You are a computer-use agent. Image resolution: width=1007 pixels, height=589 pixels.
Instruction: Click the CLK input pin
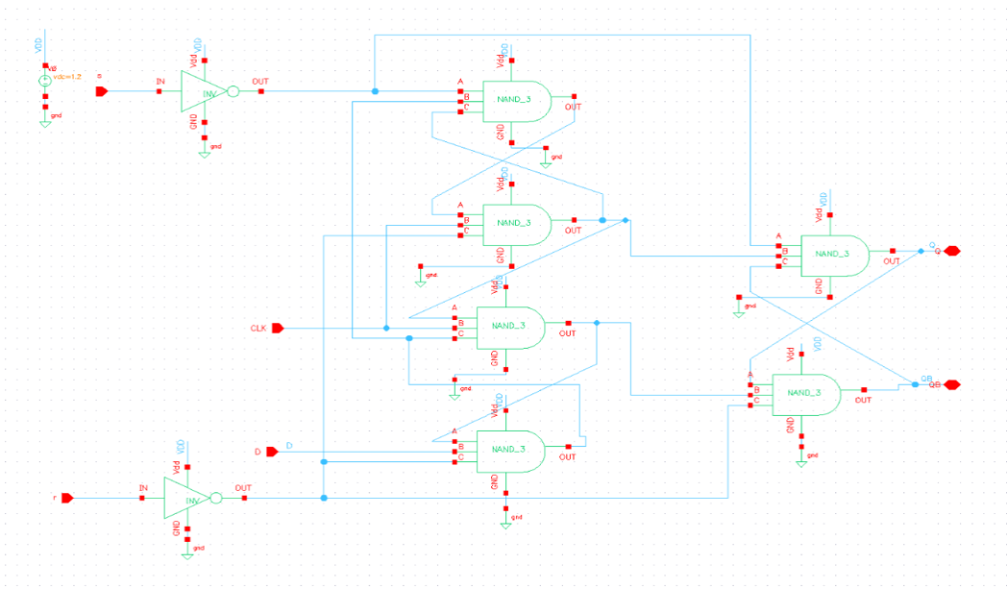pyautogui.click(x=278, y=329)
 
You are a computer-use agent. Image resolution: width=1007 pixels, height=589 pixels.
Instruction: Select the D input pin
pyautogui.click(x=272, y=450)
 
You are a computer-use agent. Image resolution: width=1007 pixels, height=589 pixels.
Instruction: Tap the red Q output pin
pyautogui.click(x=951, y=251)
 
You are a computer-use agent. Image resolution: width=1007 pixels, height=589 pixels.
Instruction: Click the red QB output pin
pyautogui.click(x=951, y=384)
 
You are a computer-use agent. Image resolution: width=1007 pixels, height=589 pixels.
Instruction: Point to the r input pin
pyautogui.click(x=66, y=498)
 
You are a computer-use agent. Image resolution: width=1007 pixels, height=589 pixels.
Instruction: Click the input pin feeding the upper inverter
pyautogui.click(x=101, y=92)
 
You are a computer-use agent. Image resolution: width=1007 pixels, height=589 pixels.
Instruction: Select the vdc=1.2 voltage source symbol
pyautogui.click(x=44, y=82)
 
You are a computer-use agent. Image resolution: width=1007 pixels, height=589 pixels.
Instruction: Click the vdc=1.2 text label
pyautogui.click(x=66, y=76)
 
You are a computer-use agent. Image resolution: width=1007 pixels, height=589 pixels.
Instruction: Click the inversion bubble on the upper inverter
pyautogui.click(x=233, y=92)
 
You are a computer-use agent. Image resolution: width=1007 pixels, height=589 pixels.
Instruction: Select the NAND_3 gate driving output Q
pyautogui.click(x=834, y=255)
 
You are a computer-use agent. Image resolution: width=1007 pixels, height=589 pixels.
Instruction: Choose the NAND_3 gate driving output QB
pyautogui.click(x=805, y=393)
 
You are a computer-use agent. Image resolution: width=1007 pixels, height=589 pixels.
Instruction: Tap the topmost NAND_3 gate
pyautogui.click(x=516, y=101)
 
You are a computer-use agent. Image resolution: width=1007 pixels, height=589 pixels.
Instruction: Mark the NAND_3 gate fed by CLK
pyautogui.click(x=510, y=327)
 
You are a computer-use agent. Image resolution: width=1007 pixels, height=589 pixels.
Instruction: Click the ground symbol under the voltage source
pyautogui.click(x=44, y=122)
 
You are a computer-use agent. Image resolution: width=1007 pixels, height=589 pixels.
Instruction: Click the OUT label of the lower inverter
pyautogui.click(x=243, y=487)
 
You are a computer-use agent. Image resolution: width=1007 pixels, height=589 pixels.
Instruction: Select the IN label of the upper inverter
pyautogui.click(x=160, y=82)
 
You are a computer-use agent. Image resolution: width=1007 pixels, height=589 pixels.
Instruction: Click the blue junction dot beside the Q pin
pyautogui.click(x=921, y=251)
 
